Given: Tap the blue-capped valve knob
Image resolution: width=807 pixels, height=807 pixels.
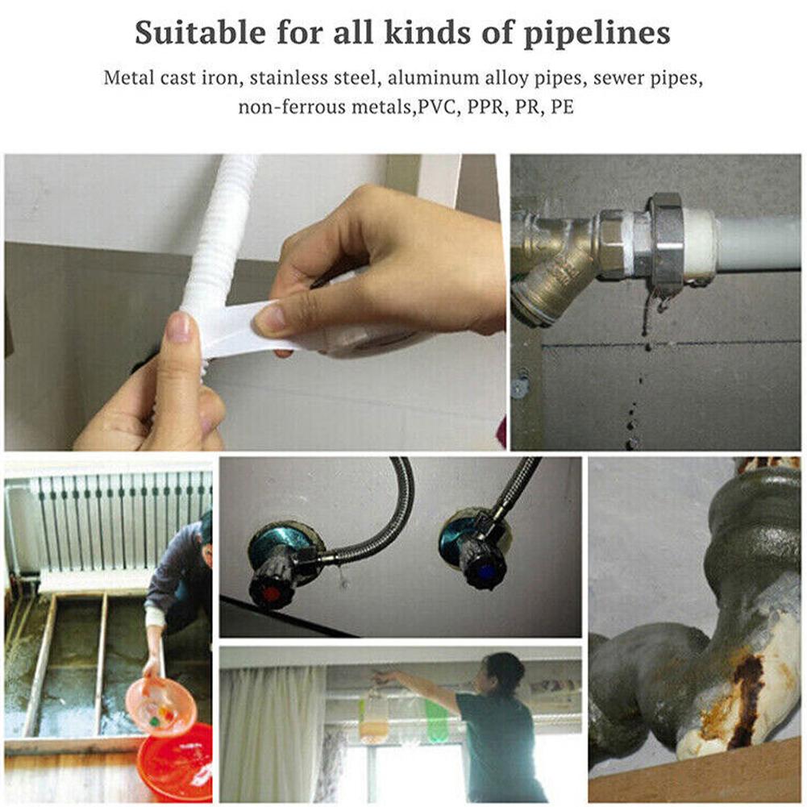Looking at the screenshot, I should pos(484,569).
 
